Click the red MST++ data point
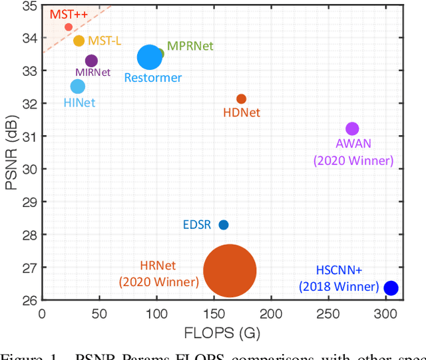[x=69, y=27]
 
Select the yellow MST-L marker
[x=79, y=41]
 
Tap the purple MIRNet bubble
[x=91, y=61]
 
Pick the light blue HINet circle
[x=78, y=87]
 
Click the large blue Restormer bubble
[x=150, y=58]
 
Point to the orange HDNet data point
[x=241, y=98]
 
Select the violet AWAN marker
[x=352, y=128]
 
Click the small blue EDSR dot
[x=224, y=225]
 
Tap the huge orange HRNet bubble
[x=230, y=271]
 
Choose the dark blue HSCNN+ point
[x=391, y=288]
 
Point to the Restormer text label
[x=153, y=78]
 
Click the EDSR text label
[x=196, y=225]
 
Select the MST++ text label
[x=65, y=12]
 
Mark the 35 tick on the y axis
[x=29, y=6]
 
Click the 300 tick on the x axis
[x=385, y=313]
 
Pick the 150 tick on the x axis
[x=214, y=313]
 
